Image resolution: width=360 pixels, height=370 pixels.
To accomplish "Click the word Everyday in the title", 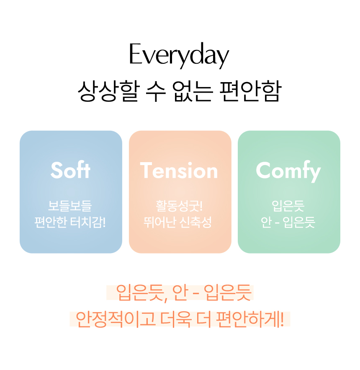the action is (179, 56).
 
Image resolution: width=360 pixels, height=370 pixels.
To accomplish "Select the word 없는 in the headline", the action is (193, 91).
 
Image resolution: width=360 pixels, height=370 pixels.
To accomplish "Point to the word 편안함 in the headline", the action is (250, 91).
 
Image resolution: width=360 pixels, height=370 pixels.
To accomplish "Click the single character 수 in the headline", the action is (156, 91).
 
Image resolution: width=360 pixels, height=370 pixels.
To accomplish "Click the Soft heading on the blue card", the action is (70, 170).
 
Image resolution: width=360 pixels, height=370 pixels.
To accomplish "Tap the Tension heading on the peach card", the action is (179, 171).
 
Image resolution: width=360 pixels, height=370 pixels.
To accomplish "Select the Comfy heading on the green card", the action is (288, 171).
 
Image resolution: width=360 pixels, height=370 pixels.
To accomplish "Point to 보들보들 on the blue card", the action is (70, 206).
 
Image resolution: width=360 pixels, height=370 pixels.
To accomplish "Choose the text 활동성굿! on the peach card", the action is (179, 206).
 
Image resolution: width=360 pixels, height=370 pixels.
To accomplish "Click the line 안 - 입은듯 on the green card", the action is (288, 222).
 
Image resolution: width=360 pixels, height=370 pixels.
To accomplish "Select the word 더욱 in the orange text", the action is (176, 319).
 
